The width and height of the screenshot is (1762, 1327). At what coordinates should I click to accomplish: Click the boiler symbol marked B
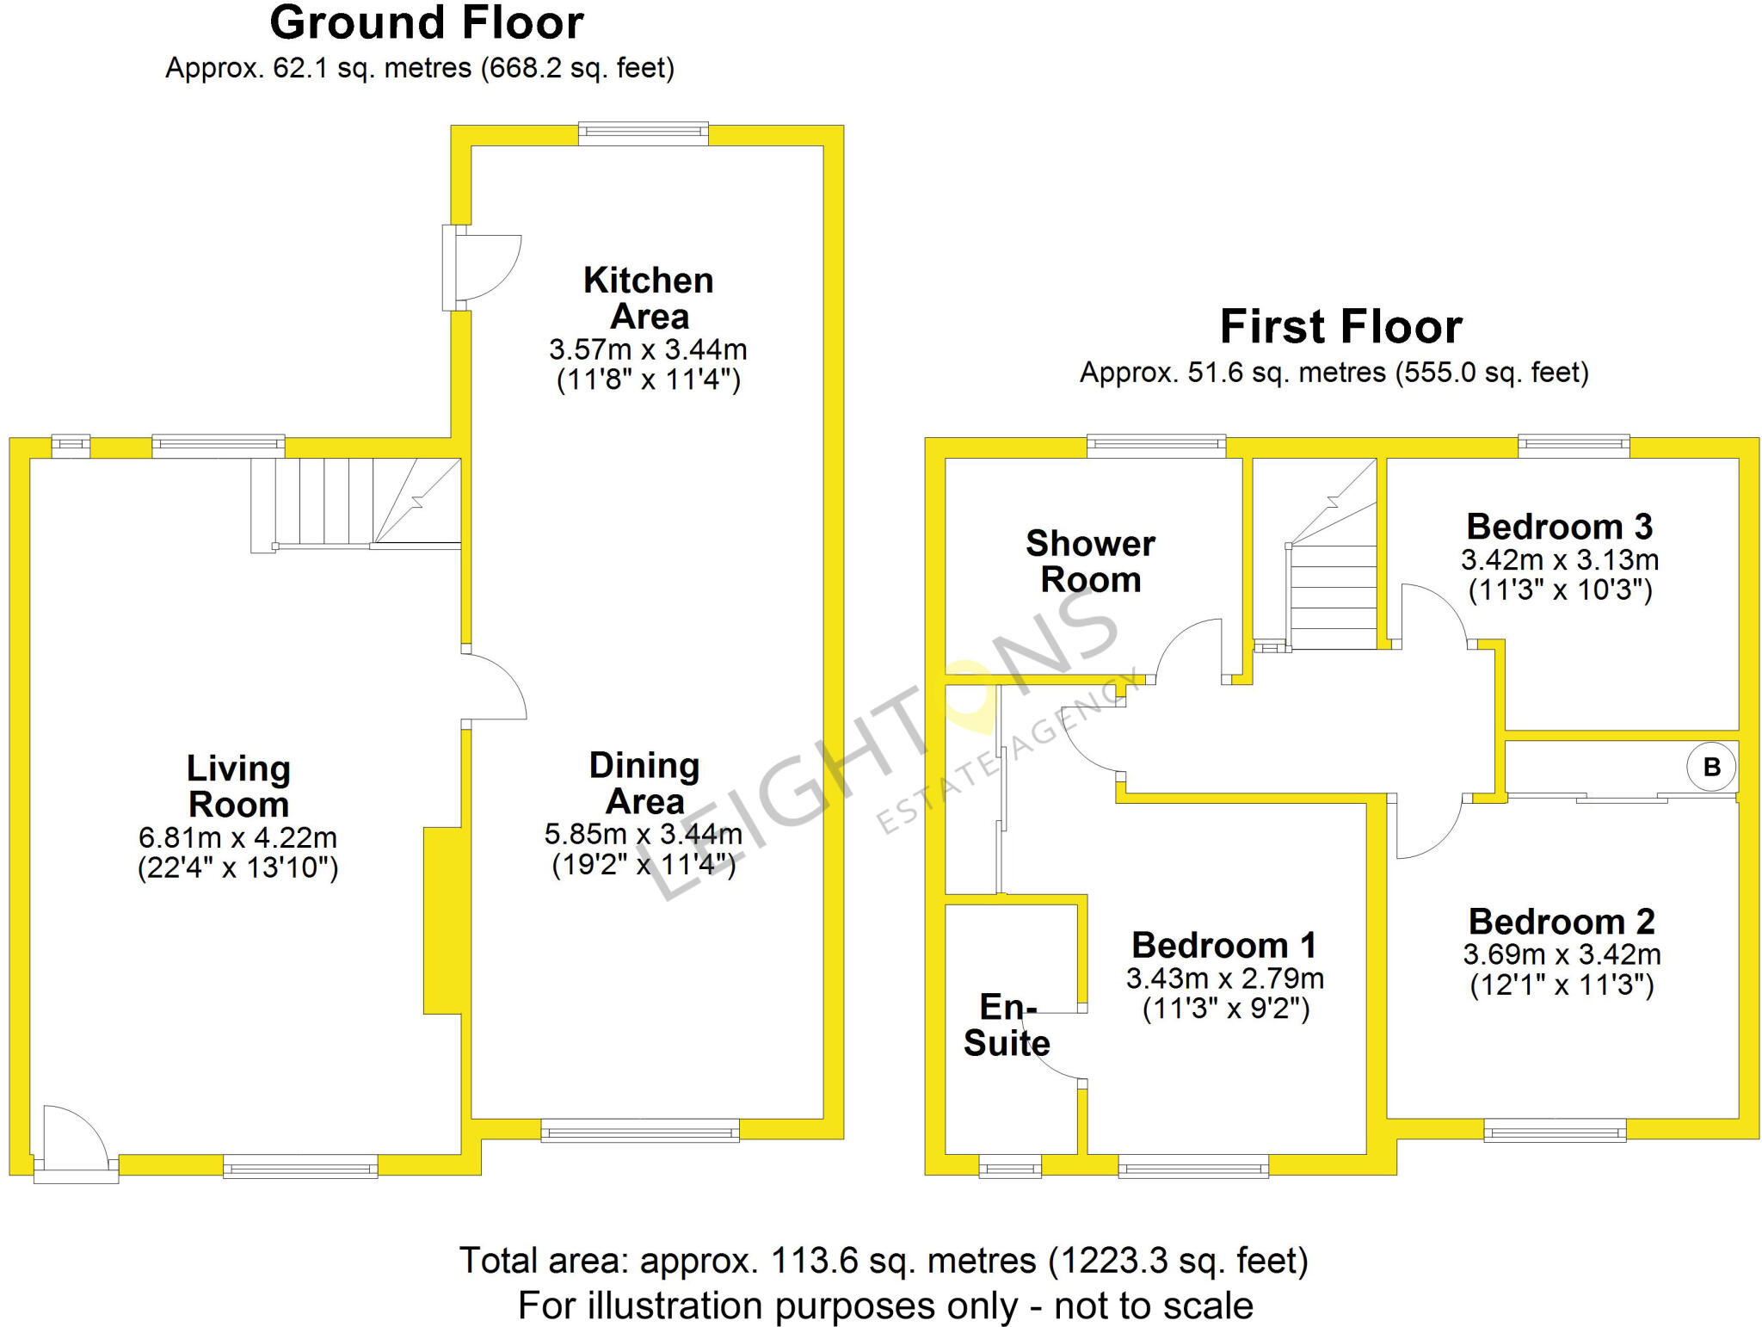(1710, 767)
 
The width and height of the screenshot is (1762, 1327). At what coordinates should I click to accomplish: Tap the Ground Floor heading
(427, 23)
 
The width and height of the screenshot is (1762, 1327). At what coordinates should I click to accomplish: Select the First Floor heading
(1340, 327)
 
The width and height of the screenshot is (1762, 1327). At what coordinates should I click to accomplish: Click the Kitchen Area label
(649, 299)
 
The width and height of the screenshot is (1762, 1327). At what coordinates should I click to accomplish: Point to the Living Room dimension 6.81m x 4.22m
(237, 837)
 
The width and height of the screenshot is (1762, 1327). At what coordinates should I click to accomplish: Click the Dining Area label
(644, 783)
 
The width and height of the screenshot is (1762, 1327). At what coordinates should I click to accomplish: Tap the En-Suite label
(1007, 1025)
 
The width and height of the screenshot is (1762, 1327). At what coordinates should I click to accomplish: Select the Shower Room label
(1090, 561)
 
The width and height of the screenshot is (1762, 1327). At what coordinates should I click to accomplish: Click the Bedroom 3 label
(1559, 527)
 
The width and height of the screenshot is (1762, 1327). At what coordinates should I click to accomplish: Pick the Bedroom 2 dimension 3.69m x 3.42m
(1562, 954)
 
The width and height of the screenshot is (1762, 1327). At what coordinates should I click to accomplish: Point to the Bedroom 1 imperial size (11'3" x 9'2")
(1225, 1009)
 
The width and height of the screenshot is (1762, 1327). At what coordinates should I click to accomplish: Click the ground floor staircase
(354, 503)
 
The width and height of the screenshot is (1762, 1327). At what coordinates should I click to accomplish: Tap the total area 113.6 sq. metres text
(883, 1261)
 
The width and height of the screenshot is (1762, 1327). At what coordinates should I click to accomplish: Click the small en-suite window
(1010, 1169)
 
